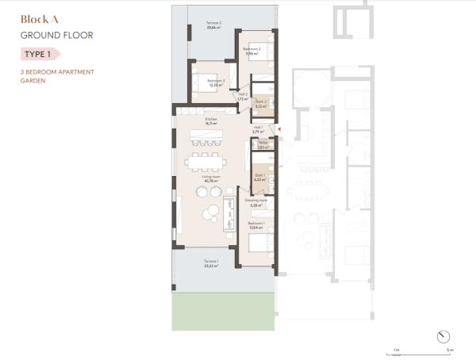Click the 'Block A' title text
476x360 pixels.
point(37,21)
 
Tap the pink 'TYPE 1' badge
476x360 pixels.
point(40,54)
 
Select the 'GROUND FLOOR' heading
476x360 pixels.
point(56,36)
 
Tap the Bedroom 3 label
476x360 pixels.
point(216,82)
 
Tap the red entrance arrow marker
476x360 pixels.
point(279,127)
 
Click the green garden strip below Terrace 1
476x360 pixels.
point(222,312)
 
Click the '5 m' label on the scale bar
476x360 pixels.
point(450,350)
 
